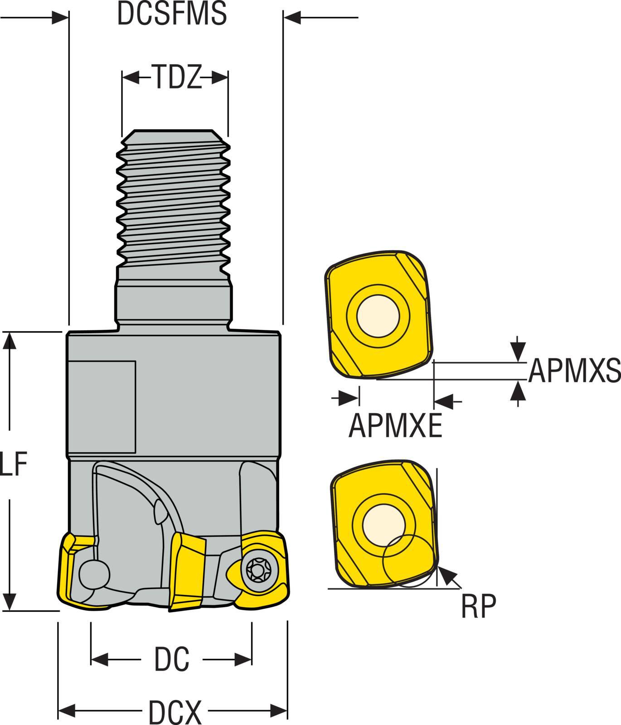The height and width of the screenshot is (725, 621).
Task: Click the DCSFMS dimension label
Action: tap(172, 14)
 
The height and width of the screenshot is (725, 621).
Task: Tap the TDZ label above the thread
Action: tap(175, 77)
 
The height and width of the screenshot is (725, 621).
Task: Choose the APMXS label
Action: tap(574, 371)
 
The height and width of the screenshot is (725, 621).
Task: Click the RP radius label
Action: tap(478, 607)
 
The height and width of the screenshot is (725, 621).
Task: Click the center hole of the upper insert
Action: tap(378, 316)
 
